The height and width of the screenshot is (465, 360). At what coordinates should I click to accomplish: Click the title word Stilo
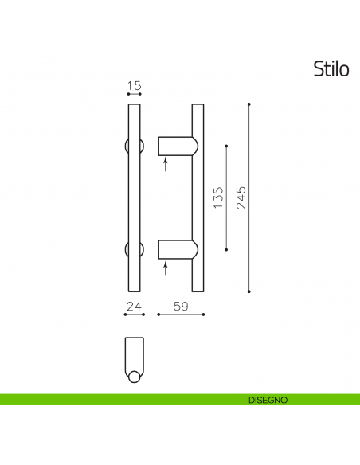point(331,69)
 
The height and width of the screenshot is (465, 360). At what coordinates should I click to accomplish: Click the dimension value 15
point(134,85)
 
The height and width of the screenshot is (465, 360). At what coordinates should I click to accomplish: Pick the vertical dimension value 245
point(241,197)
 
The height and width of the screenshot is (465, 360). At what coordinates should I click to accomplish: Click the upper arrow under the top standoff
point(166,165)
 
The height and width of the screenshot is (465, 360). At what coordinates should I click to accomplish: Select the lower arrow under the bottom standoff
point(166,269)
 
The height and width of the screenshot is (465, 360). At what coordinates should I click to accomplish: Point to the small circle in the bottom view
point(134,377)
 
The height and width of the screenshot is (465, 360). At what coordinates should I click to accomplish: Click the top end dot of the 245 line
point(249,104)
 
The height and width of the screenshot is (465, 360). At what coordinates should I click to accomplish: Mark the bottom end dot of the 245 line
point(249,291)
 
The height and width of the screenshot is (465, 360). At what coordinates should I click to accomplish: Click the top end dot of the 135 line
point(227,146)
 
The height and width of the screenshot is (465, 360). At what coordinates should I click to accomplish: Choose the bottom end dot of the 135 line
point(227,250)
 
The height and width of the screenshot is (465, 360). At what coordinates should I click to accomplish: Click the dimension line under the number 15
point(134,95)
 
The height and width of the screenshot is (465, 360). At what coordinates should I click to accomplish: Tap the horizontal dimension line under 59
point(181,315)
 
